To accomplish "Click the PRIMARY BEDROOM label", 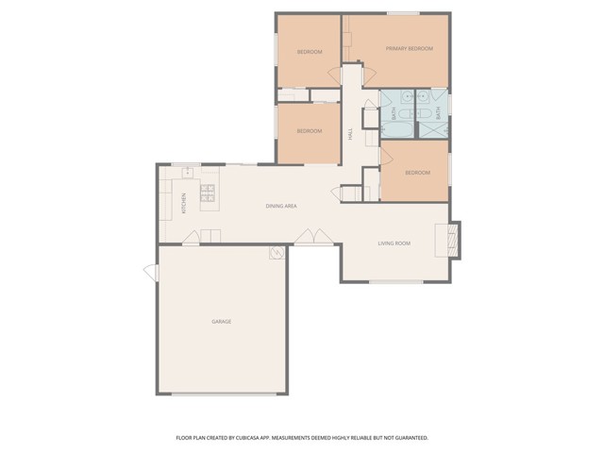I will click(410, 48).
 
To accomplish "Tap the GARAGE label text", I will click(221, 322).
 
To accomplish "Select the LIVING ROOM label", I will click(394, 243).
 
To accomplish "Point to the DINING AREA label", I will click(281, 205).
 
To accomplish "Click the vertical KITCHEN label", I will click(184, 203).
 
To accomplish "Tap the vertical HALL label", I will click(350, 135).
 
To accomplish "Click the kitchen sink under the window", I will click(188, 171).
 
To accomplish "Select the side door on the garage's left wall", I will click(150, 273).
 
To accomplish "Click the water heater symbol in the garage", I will click(276, 253).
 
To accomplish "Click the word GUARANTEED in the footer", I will click(409, 438).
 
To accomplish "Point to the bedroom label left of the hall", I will click(310, 131).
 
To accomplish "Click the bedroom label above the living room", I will click(417, 173).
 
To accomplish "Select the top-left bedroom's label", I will click(310, 51).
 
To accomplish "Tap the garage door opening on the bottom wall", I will click(222, 394).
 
